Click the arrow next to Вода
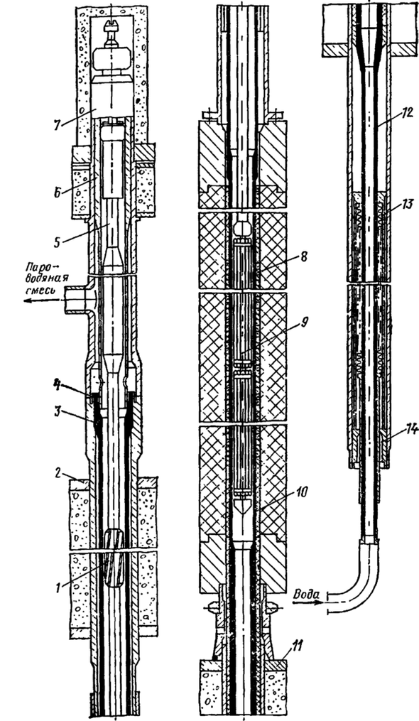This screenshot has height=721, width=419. click(305, 604)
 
